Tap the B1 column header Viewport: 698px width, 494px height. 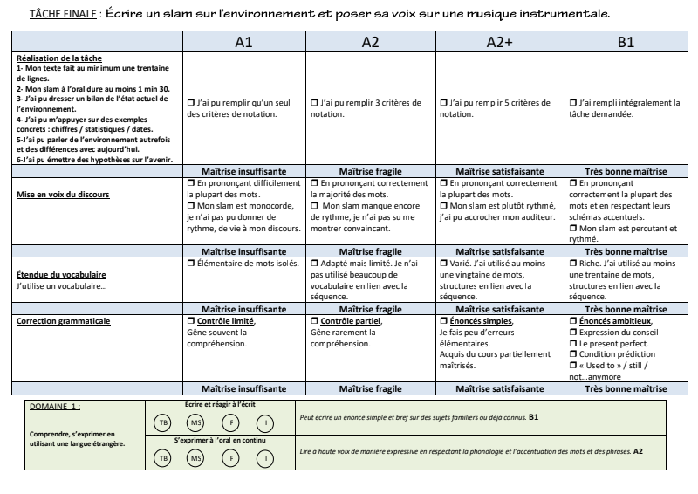626,42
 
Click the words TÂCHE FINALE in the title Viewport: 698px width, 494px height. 62,15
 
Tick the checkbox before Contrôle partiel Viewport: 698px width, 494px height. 314,321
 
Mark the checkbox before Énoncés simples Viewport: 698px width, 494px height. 441,321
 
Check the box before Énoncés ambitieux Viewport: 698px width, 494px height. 570,321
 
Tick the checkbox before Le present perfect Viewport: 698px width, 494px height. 570,344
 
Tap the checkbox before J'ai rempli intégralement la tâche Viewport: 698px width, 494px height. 570,104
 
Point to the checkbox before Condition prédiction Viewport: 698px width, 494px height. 570,355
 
